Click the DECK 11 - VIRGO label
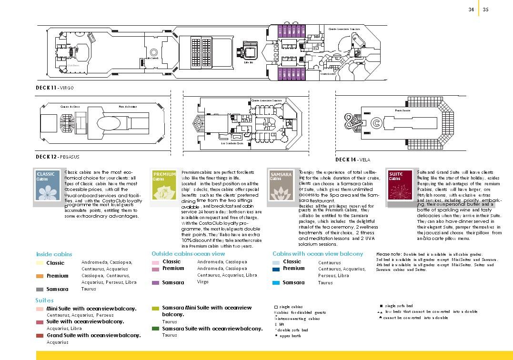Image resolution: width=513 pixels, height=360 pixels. coord(55,88)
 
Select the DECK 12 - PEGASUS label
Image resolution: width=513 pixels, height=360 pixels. coord(58,157)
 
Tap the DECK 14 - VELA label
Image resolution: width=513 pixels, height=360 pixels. coord(353,160)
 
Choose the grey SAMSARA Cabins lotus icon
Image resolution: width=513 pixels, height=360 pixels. coord(281,187)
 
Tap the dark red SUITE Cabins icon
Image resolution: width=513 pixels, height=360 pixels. coord(399,187)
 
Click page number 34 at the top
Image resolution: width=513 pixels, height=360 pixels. coord(471,9)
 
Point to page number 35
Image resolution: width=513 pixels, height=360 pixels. coord(486,9)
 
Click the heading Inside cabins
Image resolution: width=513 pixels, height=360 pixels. coord(54,254)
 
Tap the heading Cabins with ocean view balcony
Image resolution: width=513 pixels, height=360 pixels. coord(318,254)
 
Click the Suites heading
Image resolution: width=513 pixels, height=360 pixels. coord(44,300)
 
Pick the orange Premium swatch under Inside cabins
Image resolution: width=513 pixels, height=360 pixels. coord(40,276)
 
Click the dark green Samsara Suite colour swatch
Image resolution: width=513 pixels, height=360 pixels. coord(155,329)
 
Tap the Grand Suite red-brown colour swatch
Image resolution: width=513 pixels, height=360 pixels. coord(40,336)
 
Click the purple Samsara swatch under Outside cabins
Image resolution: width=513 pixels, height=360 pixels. coord(155,283)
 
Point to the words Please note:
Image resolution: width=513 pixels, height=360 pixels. coord(389,254)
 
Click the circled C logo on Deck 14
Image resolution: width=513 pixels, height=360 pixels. coord(376,123)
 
